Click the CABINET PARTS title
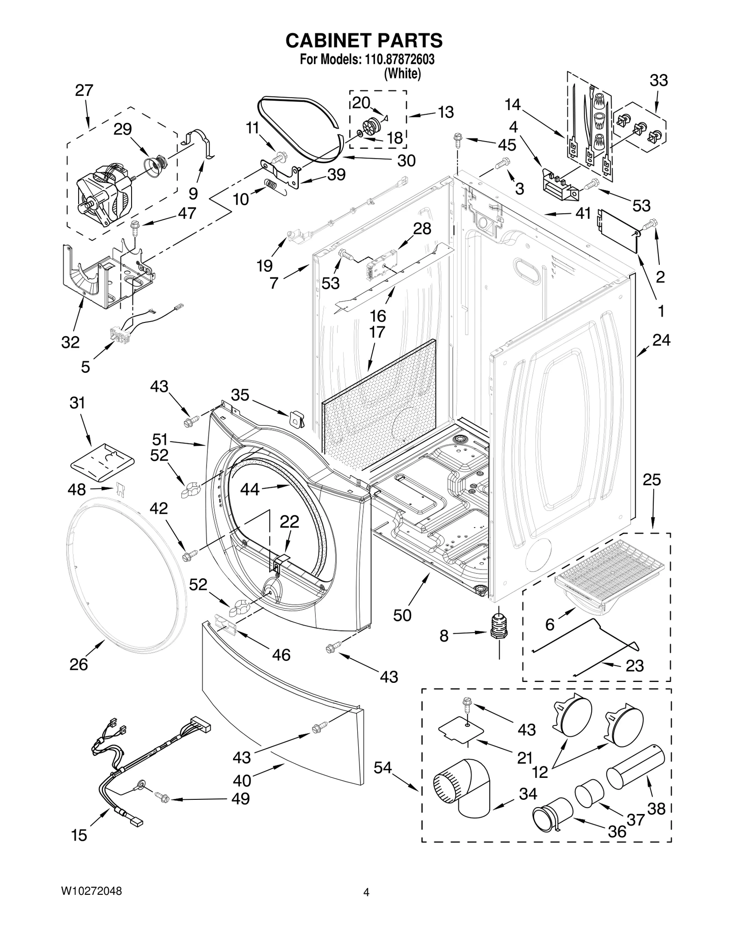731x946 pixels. (364, 41)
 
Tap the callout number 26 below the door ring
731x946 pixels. (79, 664)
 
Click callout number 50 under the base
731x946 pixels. (402, 615)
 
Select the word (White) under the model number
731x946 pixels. (402, 73)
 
